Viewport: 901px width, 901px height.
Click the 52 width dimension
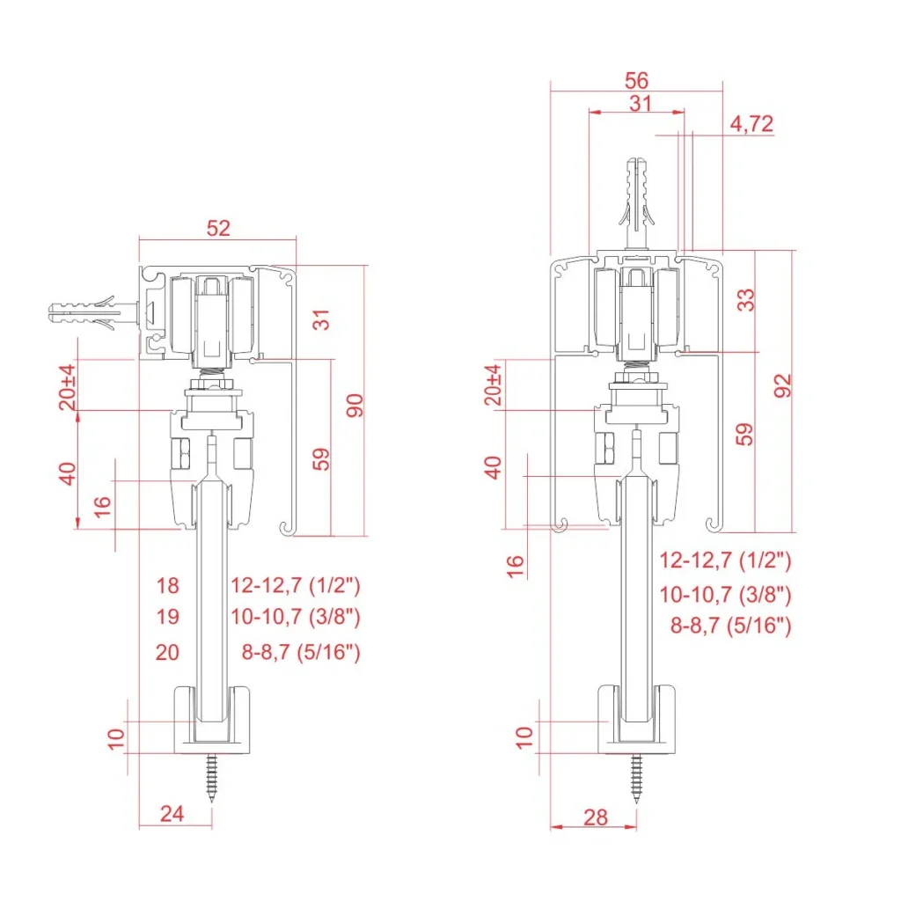[218, 228]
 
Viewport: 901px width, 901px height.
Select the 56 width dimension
[637, 80]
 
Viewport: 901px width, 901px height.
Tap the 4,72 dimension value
[751, 124]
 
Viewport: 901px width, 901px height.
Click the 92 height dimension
[783, 385]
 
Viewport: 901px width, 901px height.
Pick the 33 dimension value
[746, 299]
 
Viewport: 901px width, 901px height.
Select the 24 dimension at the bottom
[172, 814]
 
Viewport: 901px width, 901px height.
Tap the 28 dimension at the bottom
[596, 817]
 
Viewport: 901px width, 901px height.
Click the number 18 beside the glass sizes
[167, 584]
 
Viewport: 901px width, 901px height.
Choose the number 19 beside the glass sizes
[167, 617]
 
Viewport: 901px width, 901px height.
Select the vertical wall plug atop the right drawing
[636, 202]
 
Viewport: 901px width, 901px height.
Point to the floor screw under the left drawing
[212, 779]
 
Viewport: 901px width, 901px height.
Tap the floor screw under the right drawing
[636, 779]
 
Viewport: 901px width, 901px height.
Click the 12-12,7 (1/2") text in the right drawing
[726, 560]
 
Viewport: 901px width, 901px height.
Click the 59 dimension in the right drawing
[745, 434]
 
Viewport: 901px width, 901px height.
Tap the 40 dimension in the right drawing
[494, 466]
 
